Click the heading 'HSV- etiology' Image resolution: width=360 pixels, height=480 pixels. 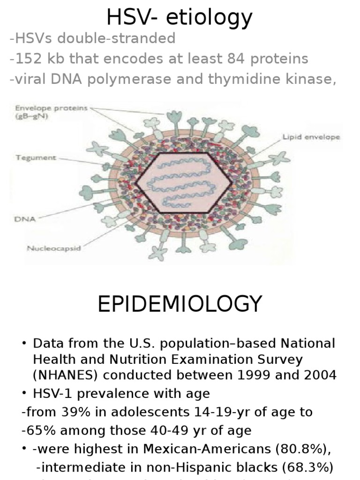click(180, 17)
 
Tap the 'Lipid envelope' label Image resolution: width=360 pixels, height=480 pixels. click(311, 137)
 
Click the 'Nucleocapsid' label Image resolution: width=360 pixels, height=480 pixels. click(53, 248)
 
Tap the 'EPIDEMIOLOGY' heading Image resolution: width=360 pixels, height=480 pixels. click(180, 304)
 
